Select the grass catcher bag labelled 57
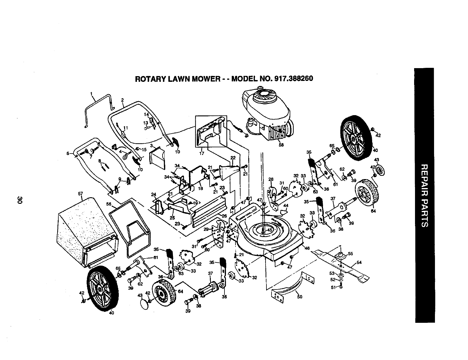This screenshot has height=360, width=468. (80, 229)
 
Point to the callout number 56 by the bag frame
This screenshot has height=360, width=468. (109, 204)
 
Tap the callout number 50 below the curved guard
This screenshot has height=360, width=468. (299, 296)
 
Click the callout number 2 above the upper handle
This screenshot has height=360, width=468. (122, 100)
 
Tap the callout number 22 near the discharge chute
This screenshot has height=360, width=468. (233, 157)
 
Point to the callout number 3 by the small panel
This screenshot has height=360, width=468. (152, 145)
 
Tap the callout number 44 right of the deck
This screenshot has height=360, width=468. (286, 206)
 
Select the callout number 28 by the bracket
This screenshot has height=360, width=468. (271, 179)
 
